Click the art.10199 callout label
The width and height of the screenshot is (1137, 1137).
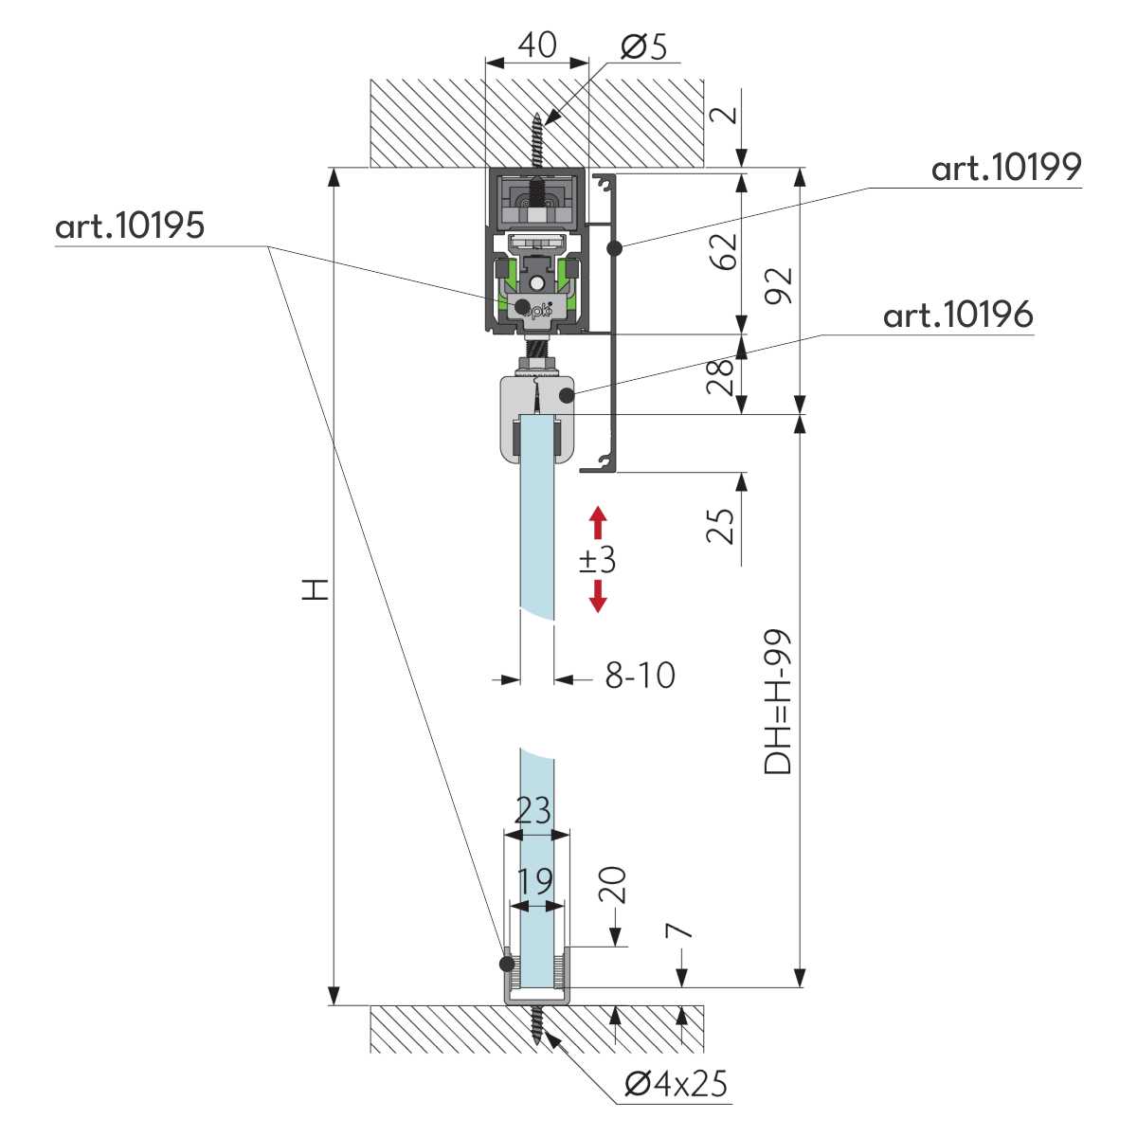1005,168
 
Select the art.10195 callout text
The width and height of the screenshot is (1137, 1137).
130,226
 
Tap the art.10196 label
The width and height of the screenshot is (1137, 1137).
957,315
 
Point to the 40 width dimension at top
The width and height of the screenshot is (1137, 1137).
537,45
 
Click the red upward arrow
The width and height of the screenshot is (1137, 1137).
597,522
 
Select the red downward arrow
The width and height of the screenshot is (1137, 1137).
597,596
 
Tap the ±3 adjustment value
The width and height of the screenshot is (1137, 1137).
598,560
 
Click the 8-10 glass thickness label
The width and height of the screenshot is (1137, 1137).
641,676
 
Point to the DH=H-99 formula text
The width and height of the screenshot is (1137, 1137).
778,701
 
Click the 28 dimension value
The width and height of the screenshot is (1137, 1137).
722,376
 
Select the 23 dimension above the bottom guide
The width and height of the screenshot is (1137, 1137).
533,811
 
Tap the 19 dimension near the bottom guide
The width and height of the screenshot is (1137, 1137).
535,881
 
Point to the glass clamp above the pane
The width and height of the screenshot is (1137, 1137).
536,417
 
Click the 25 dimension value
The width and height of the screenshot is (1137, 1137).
722,526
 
